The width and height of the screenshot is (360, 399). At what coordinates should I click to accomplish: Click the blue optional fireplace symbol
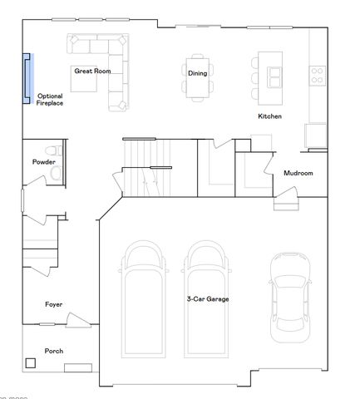[x=27, y=77]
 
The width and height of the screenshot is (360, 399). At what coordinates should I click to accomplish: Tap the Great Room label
[x=93, y=71]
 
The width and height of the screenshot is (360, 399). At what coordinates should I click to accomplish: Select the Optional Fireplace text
[x=49, y=100]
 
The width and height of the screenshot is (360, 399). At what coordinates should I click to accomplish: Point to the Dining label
[x=197, y=73]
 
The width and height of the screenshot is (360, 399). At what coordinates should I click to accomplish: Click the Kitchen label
[x=269, y=116]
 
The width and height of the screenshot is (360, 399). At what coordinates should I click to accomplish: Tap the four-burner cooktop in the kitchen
[x=317, y=75]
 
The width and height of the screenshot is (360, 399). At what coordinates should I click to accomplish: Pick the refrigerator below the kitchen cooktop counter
[x=316, y=135]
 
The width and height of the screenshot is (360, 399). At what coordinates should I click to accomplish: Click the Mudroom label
[x=298, y=173]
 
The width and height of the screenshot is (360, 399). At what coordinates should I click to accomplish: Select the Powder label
[x=43, y=161]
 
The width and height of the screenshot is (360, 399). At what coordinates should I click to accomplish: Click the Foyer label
[x=53, y=304]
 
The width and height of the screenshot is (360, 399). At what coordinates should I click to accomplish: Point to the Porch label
[x=53, y=351]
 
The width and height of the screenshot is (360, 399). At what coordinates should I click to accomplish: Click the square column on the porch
[x=31, y=362]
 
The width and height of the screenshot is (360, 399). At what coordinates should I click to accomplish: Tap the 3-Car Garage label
[x=207, y=298]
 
